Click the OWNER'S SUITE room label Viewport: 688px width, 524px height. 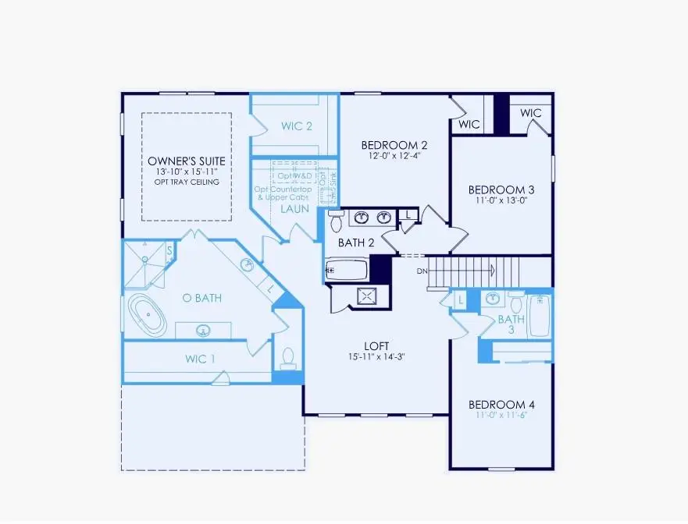point(186,161)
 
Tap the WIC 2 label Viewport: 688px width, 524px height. point(297,126)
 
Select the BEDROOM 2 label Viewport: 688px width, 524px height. point(394,145)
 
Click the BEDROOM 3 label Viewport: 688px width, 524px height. point(501,189)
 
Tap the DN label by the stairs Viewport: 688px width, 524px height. point(422,271)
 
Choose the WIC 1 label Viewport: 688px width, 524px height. point(200,359)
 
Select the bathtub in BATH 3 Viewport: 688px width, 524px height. point(540,317)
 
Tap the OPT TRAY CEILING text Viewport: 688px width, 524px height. point(186,182)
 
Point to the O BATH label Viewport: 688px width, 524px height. point(198,298)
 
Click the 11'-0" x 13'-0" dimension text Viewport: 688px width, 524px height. point(501,201)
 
